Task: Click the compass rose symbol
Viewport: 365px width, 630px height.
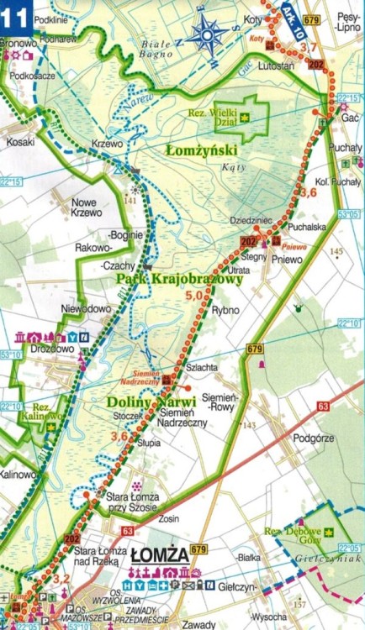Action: point(207,34)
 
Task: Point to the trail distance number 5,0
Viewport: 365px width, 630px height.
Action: point(195,296)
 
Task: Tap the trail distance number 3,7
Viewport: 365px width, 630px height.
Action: point(309,47)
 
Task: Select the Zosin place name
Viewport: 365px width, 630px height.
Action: point(168,519)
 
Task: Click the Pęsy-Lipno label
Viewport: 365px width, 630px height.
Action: point(344,22)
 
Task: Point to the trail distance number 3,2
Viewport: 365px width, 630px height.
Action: point(61,579)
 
